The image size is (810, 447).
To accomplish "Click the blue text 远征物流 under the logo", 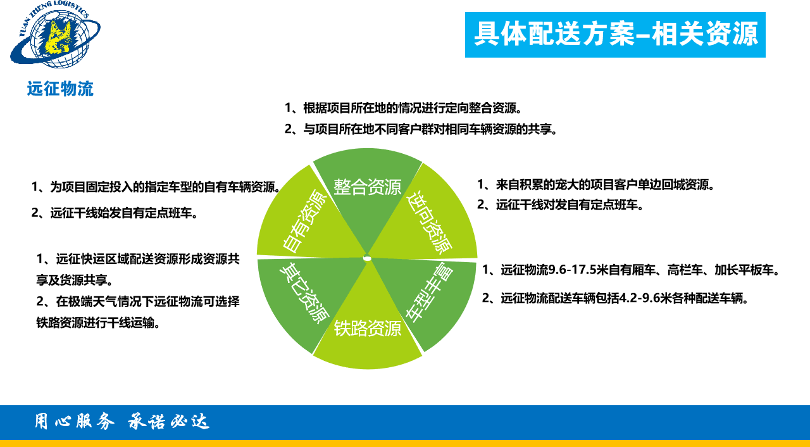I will pyautogui.click(x=60, y=89).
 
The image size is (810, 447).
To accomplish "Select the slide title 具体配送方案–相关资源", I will pyautogui.click(x=615, y=34).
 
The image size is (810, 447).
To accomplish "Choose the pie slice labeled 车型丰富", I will pyautogui.click(x=430, y=294).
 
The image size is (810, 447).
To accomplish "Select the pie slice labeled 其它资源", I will pyautogui.click(x=304, y=294).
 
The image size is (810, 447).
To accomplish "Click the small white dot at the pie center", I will pyautogui.click(x=367, y=258).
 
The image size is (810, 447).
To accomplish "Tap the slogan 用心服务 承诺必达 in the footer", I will pyautogui.click(x=121, y=422).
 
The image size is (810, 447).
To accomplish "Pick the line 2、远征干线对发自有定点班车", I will pyautogui.click(x=559, y=205).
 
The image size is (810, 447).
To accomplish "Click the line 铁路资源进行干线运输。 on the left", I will pyautogui.click(x=98, y=322).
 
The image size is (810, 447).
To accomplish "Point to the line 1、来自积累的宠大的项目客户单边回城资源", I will pyautogui.click(x=595, y=185).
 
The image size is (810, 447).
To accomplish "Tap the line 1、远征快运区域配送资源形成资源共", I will pyautogui.click(x=138, y=259).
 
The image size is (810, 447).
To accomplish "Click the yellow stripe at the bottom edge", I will pyautogui.click(x=405, y=443).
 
